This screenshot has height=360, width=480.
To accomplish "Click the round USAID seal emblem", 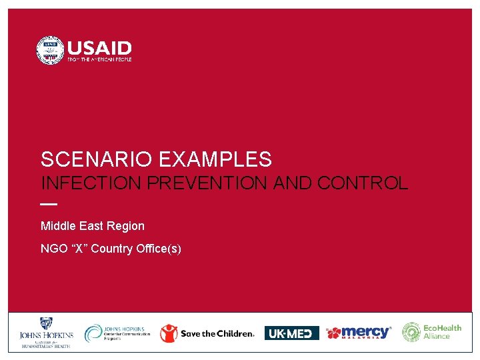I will [x=50, y=51].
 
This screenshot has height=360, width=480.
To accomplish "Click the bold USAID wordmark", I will [x=99, y=48].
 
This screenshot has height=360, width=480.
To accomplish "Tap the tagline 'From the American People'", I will [x=99, y=60].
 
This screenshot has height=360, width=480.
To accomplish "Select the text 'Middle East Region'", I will [x=92, y=226].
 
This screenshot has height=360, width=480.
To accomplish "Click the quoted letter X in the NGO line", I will [x=78, y=249].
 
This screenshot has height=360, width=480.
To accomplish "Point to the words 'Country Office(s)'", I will [x=136, y=249].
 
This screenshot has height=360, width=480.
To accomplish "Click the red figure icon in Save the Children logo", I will [x=169, y=333].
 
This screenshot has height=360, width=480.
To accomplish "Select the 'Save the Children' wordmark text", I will [x=217, y=333].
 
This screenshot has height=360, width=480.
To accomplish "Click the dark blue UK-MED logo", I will [x=291, y=333].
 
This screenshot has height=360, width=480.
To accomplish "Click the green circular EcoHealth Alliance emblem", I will [x=411, y=332].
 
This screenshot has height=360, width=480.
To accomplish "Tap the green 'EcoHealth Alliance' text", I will [x=442, y=332].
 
